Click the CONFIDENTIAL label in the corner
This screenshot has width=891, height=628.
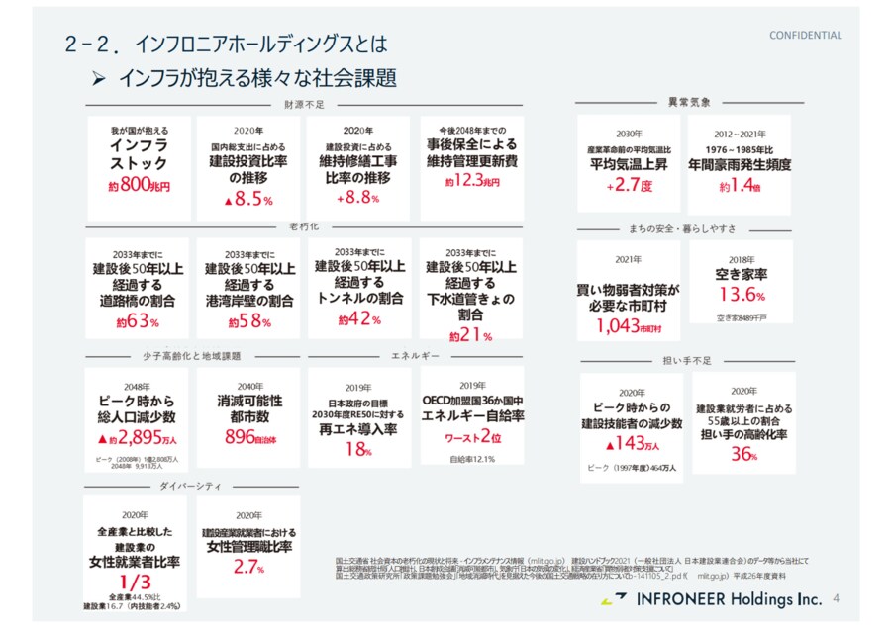pyautogui.click(x=806, y=36)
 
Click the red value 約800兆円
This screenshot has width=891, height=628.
pyautogui.click(x=140, y=184)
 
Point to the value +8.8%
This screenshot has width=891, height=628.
pyautogui.click(x=358, y=198)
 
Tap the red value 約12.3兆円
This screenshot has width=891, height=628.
pyautogui.click(x=471, y=181)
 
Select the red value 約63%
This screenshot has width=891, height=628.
pyautogui.click(x=138, y=321)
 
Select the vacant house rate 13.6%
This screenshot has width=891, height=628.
pyautogui.click(x=742, y=295)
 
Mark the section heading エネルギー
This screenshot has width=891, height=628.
pyautogui.click(x=409, y=354)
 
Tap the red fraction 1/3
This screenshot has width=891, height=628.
pyautogui.click(x=137, y=583)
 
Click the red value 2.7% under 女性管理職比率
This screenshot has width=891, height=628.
pyautogui.click(x=249, y=568)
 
